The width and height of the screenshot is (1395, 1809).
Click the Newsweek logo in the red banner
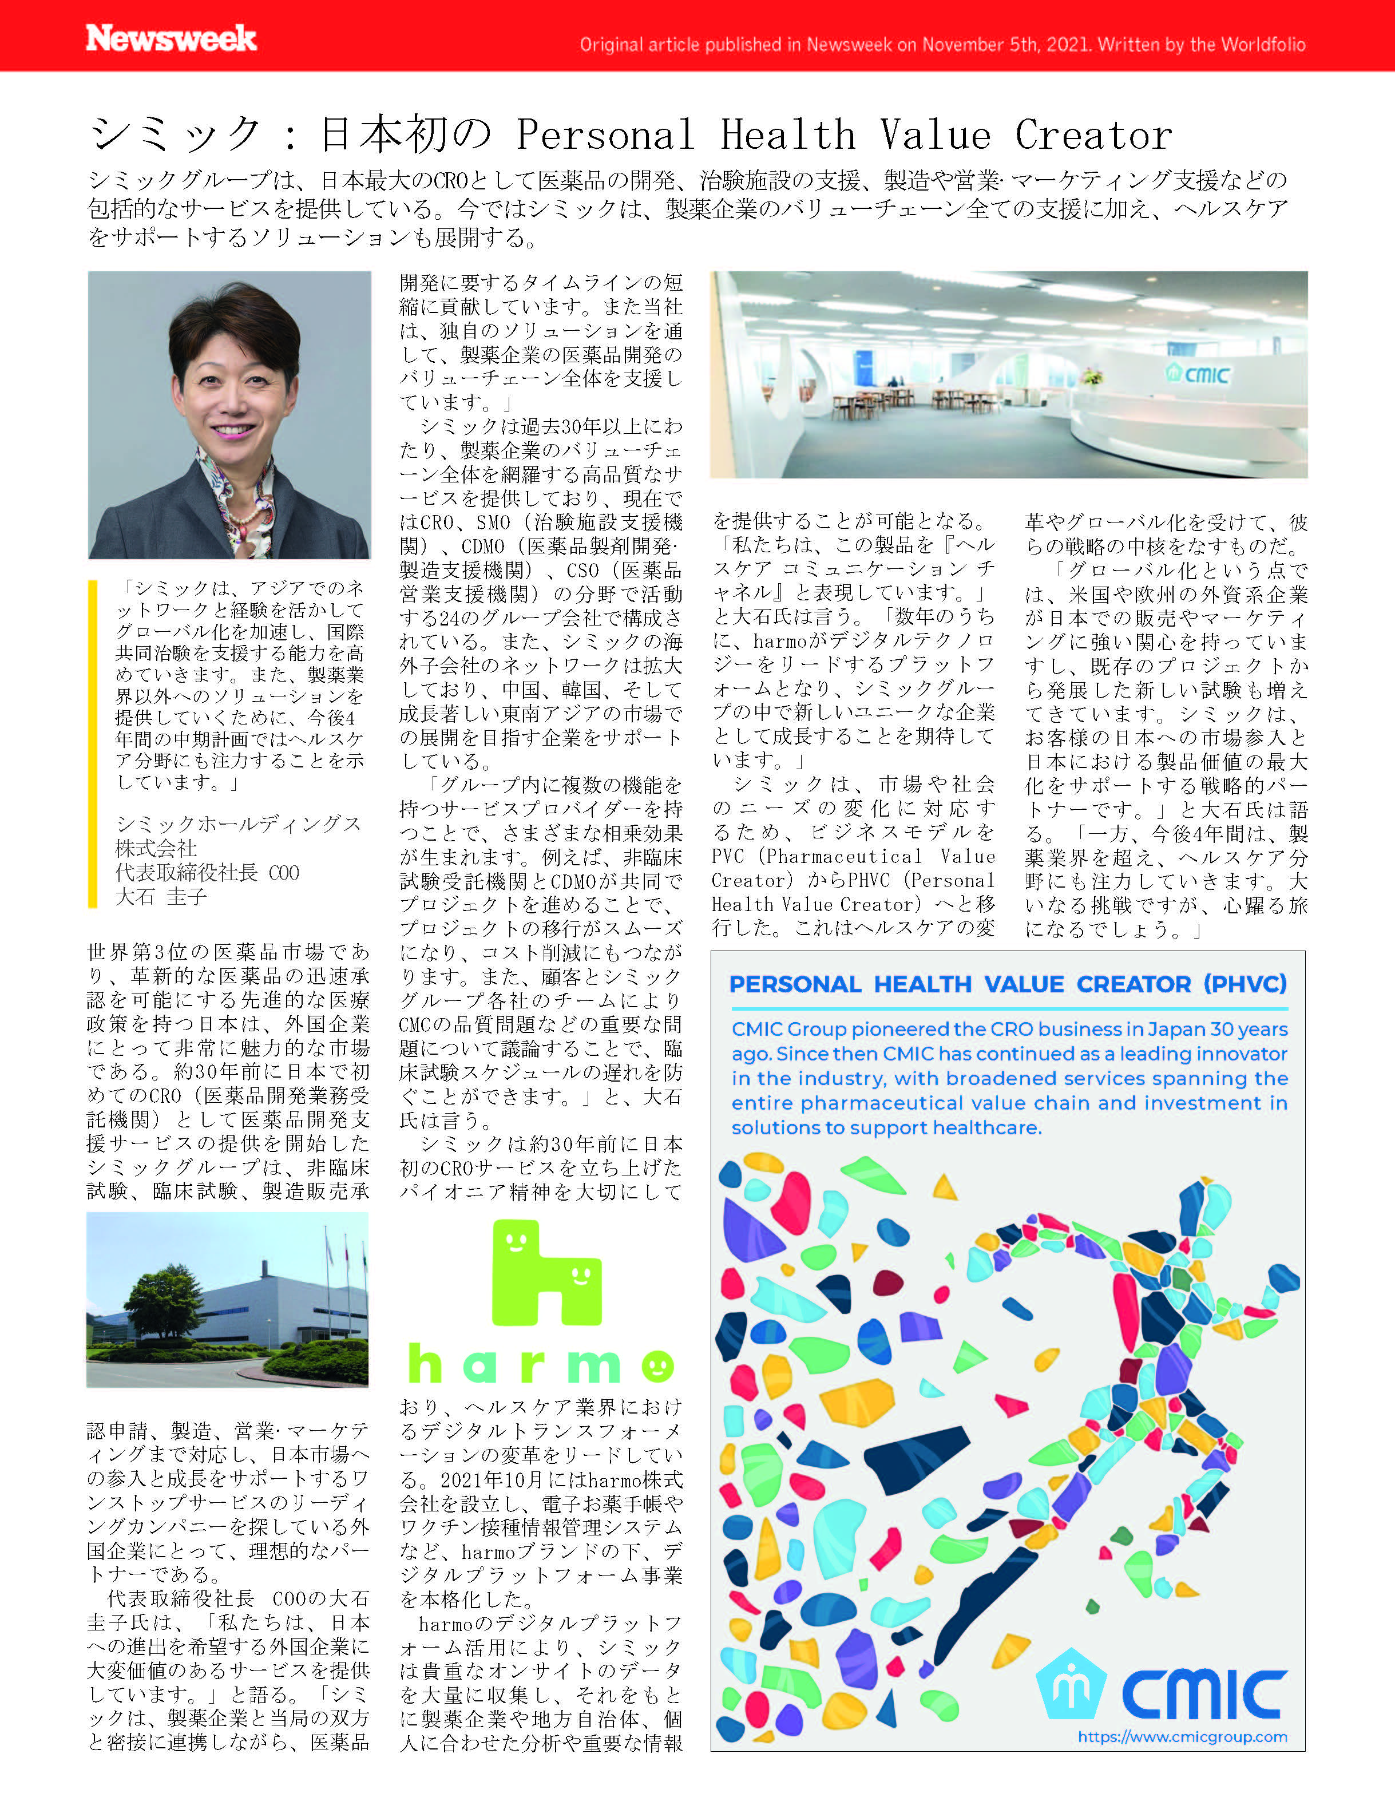pyautogui.click(x=172, y=38)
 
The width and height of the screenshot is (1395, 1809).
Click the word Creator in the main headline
pyautogui.click(x=1093, y=135)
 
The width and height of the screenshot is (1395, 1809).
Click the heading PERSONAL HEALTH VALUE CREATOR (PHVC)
pyautogui.click(x=1007, y=984)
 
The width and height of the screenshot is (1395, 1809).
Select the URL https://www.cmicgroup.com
pyautogui.click(x=1182, y=1737)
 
